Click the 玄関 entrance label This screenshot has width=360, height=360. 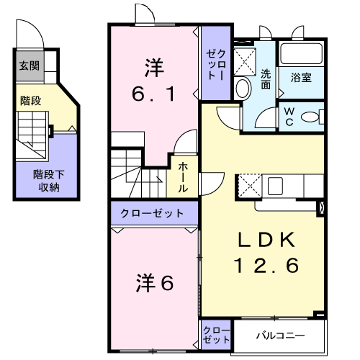[30, 66]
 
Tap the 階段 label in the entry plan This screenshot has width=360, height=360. [30, 101]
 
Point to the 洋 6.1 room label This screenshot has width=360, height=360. [153, 81]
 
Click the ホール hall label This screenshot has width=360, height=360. [183, 177]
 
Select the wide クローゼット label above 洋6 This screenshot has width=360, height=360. [152, 213]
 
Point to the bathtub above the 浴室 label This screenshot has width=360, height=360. [302, 53]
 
